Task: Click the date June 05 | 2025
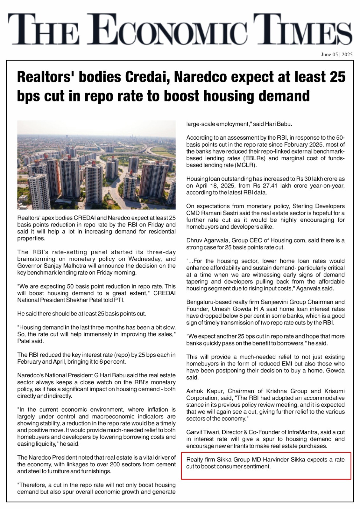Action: click(336, 54)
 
